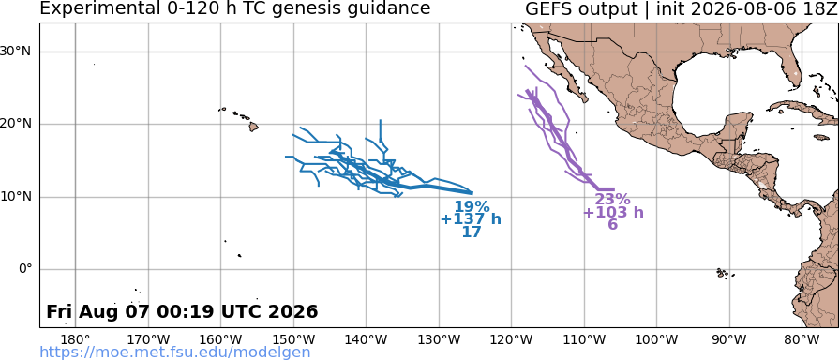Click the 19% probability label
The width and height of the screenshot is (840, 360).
(x=472, y=207)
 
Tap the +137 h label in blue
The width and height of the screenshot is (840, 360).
(x=471, y=219)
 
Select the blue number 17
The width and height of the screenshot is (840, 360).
(x=472, y=232)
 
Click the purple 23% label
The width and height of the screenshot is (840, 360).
(x=613, y=200)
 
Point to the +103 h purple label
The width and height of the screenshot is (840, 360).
(x=613, y=213)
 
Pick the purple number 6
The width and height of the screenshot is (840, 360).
(x=613, y=225)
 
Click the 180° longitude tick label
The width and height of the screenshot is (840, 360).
(x=76, y=339)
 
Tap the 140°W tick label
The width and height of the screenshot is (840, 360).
(x=367, y=339)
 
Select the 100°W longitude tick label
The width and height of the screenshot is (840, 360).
(x=657, y=339)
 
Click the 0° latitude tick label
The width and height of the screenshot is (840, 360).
(x=25, y=269)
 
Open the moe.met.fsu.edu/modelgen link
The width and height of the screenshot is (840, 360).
(x=175, y=352)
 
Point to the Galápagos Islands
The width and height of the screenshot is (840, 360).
(x=725, y=273)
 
